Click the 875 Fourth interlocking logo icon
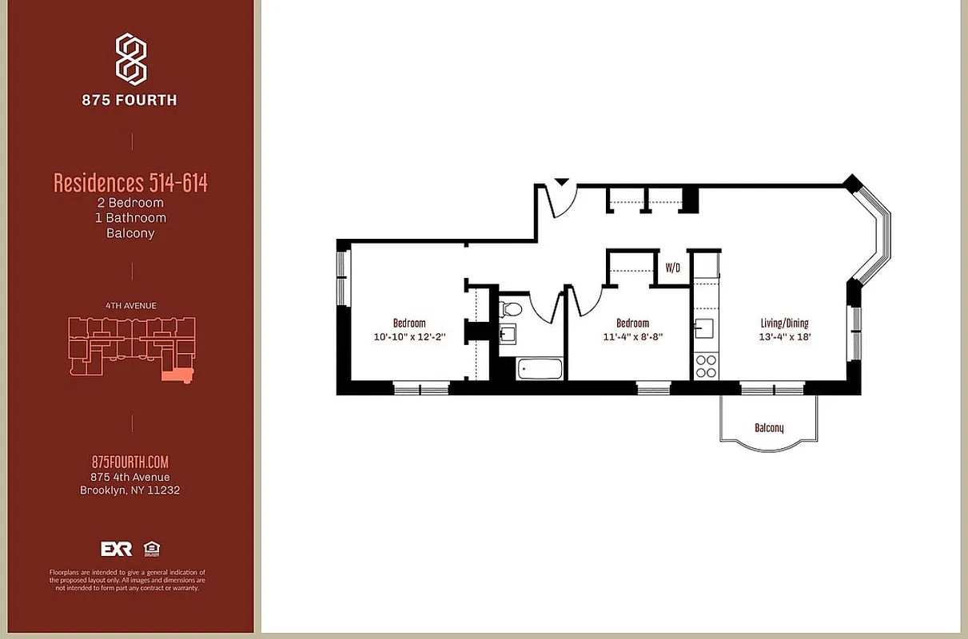coord(131,59)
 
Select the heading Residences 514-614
coord(130,183)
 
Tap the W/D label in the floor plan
coord(673,268)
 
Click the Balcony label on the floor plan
coord(769,428)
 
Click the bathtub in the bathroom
coord(540,369)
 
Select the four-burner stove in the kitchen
coord(706,366)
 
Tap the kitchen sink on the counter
coord(703,328)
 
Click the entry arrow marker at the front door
coord(562,182)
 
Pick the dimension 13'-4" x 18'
coord(784,336)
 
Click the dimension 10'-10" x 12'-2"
coord(408,336)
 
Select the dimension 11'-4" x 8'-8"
coord(632,336)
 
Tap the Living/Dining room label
coord(784,323)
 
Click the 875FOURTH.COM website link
coord(130,462)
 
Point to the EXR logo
coord(116,549)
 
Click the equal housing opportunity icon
coord(150,549)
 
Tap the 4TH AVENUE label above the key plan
coord(130,305)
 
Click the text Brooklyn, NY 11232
coord(130,490)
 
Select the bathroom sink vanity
coord(508,333)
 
